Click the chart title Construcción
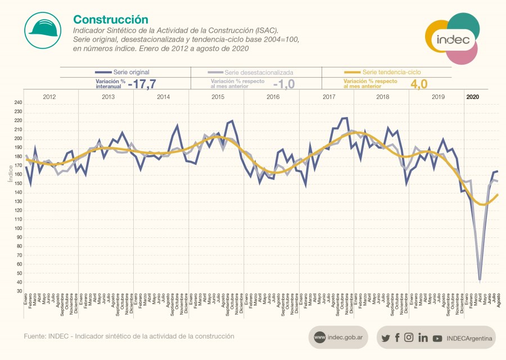(x=111, y=20)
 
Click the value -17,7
(x=142, y=84)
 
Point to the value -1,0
(x=284, y=84)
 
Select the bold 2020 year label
(x=473, y=97)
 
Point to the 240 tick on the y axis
(x=17, y=103)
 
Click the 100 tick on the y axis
(x=17, y=228)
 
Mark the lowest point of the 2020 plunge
(x=480, y=280)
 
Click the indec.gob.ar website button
(x=337, y=337)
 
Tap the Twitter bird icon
(x=385, y=338)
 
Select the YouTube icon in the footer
(x=437, y=338)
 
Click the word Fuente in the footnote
(x=35, y=336)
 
